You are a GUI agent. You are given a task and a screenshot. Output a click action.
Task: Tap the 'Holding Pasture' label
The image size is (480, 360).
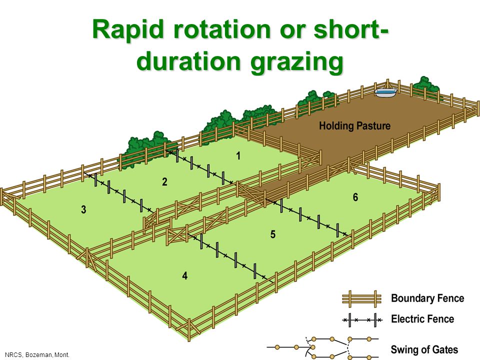pyautogui.click(x=355, y=126)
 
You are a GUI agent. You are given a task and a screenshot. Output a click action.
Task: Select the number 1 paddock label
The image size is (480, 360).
pyautogui.click(x=238, y=156)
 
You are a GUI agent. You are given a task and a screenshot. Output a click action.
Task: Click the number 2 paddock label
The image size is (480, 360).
pyautogui.click(x=164, y=182)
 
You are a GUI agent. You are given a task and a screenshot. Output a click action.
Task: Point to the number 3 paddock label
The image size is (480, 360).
pyautogui.click(x=83, y=209)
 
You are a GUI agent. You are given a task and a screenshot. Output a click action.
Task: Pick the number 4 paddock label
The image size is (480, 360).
pyautogui.click(x=185, y=276)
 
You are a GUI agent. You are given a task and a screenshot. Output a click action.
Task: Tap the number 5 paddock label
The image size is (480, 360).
pyautogui.click(x=273, y=234)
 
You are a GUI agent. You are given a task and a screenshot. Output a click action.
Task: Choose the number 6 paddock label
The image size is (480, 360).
pyautogui.click(x=355, y=197)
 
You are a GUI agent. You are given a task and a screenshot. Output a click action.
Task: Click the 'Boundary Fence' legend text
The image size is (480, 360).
pyautogui.click(x=427, y=298)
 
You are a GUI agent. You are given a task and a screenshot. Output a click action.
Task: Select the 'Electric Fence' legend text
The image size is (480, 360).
pyautogui.click(x=422, y=319)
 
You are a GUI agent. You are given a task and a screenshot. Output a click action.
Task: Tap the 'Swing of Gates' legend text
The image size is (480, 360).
pyautogui.click(x=424, y=349)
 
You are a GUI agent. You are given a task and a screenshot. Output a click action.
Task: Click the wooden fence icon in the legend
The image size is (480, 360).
pyautogui.click(x=362, y=298)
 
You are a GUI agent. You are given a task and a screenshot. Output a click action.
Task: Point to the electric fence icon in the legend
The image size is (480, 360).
pyautogui.click(x=362, y=320)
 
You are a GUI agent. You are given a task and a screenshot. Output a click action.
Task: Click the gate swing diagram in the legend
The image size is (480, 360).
pyautogui.click(x=323, y=347)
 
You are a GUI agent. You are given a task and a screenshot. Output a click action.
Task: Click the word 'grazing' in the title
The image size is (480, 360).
pyautogui.click(x=296, y=62)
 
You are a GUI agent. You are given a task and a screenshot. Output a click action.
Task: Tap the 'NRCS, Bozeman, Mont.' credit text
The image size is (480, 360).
pyautogui.click(x=37, y=355)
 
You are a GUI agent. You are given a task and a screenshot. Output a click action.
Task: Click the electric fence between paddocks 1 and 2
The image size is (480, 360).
pyautogui.click(x=199, y=167)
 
